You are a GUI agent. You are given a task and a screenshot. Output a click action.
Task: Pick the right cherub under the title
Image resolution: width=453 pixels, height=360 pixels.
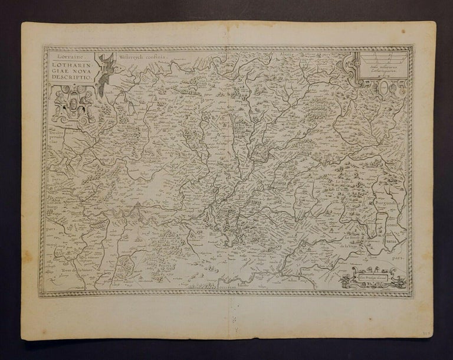pos(87,98)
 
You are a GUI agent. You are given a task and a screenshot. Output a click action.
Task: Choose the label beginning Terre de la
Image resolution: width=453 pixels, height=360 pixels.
pos(75,270)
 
